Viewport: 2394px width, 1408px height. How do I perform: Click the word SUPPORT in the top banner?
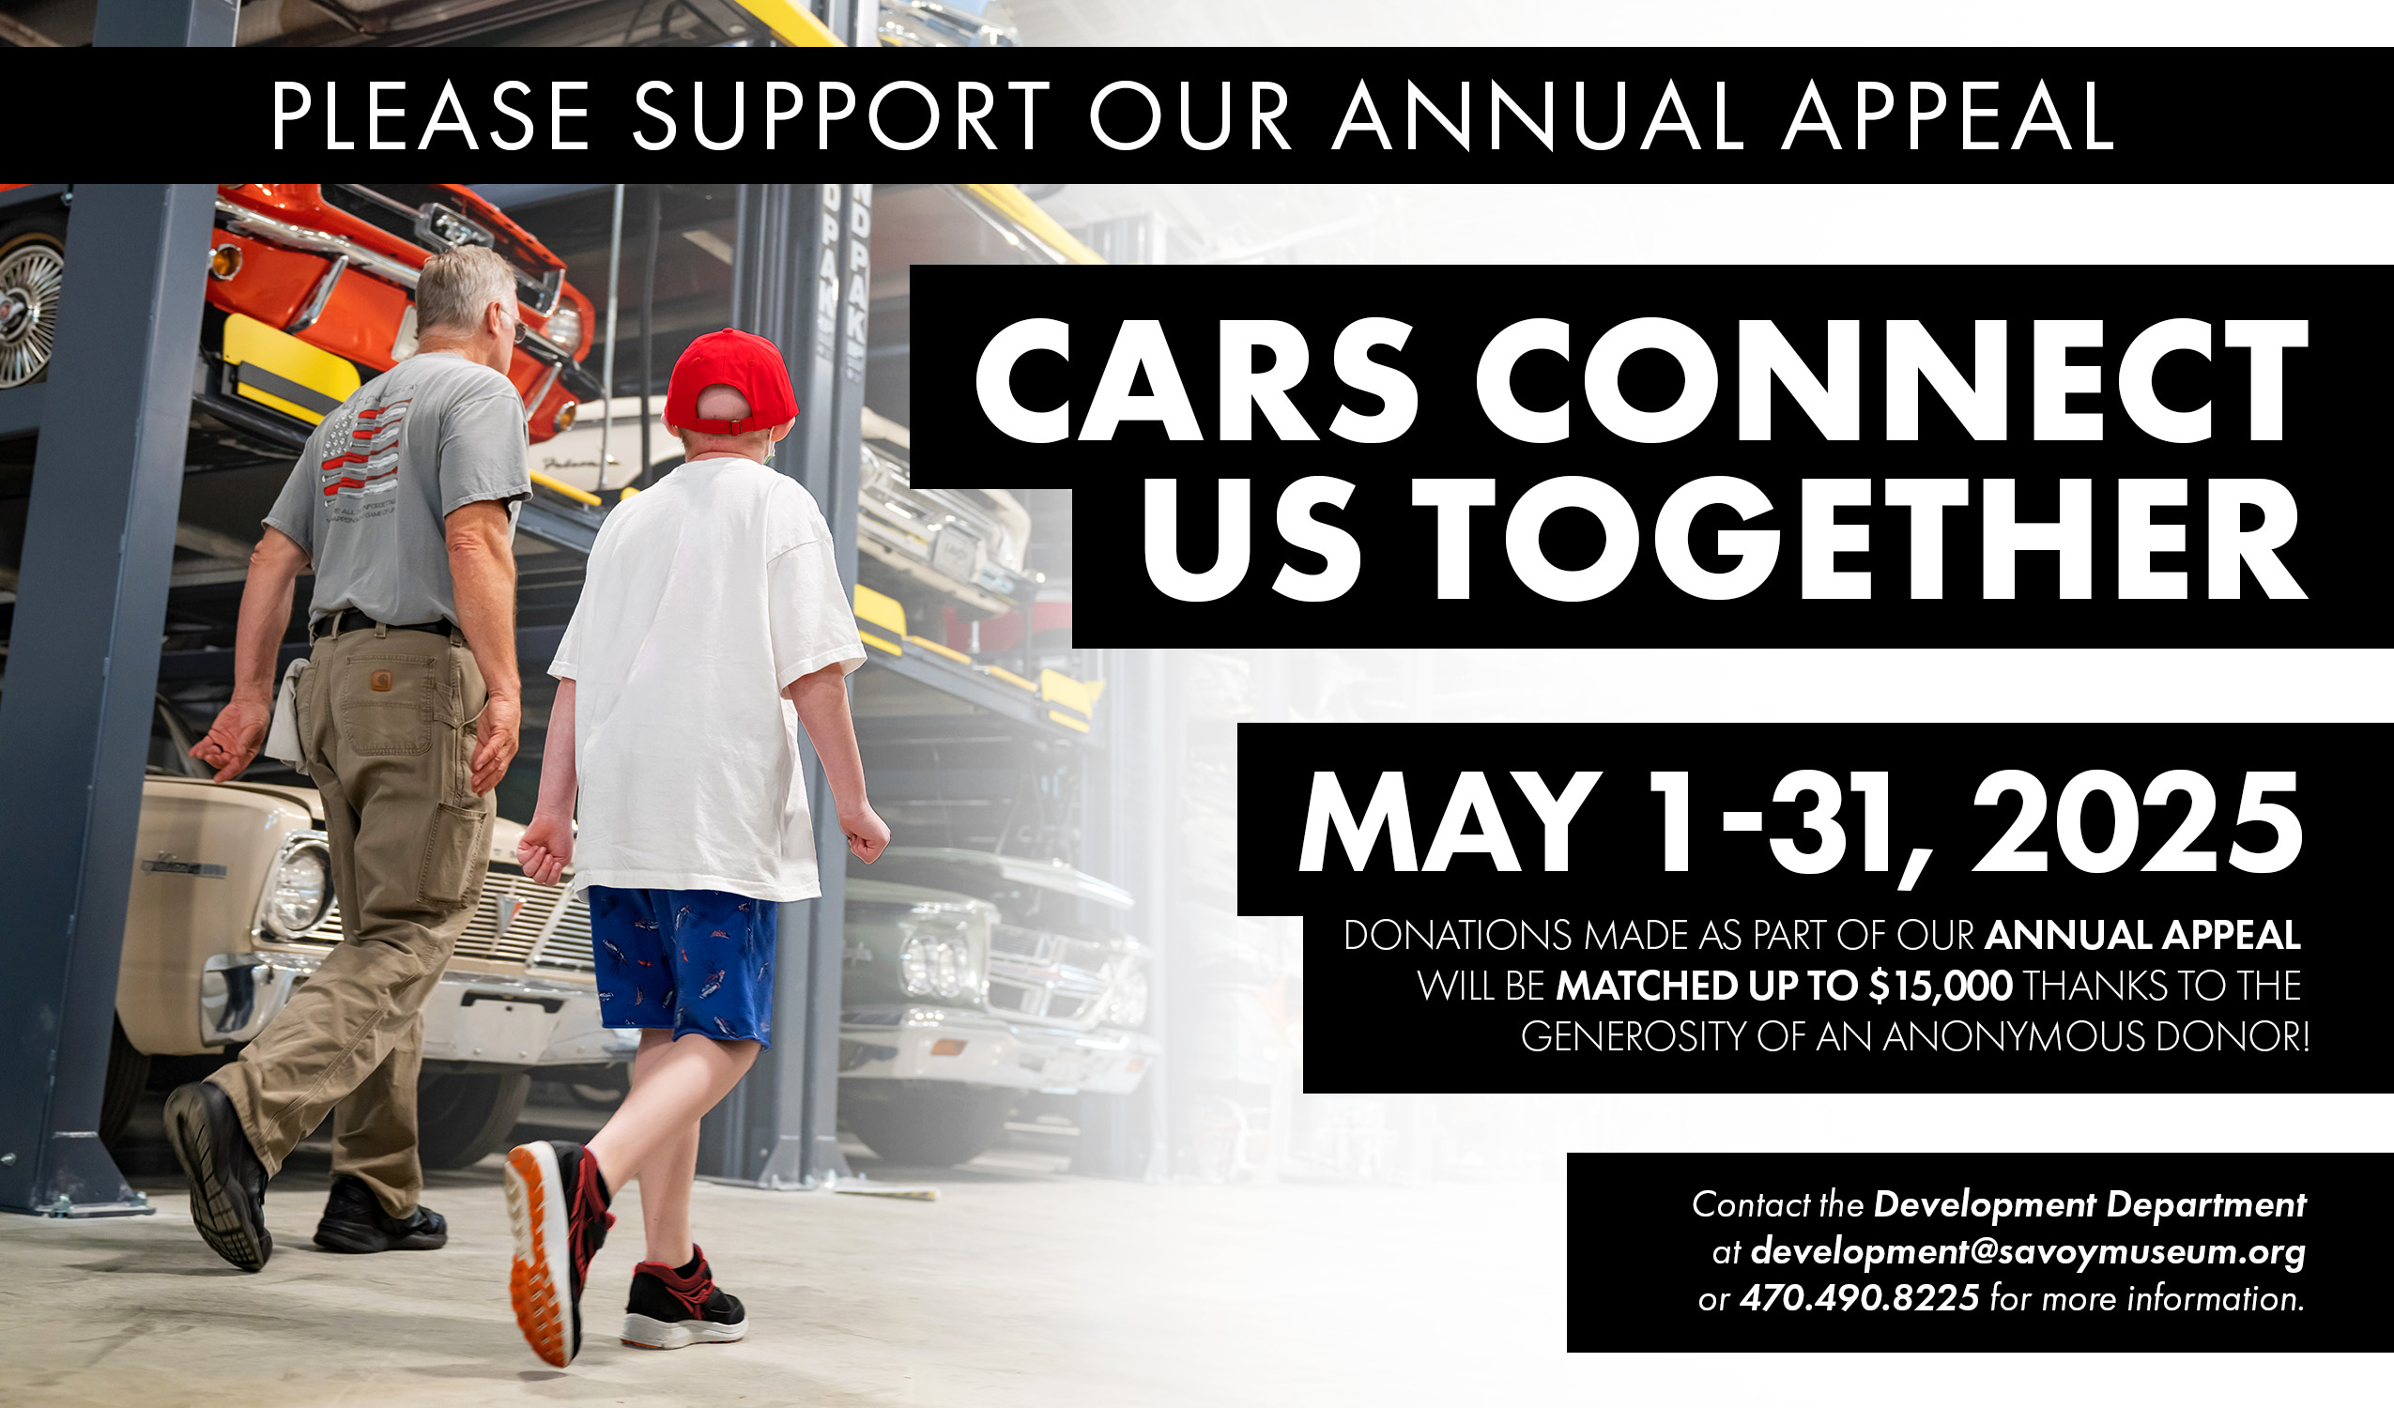coord(842,115)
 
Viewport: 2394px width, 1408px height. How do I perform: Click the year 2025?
coord(2137,823)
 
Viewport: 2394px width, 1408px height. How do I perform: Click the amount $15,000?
coord(1941,986)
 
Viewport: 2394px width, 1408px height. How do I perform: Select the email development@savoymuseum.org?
coord(2027,1251)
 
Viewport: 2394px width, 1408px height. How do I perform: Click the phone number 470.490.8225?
coord(1859,1298)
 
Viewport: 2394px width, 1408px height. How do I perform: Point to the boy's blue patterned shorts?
coord(682,965)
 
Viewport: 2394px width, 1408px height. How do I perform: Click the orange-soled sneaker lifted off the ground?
coord(556,1250)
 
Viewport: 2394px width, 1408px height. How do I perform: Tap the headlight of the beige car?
coord(298,888)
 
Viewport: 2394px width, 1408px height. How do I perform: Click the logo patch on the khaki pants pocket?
coord(382,681)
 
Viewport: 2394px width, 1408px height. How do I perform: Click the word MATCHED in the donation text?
coord(1647,987)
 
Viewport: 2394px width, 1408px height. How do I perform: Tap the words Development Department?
coord(2090,1204)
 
